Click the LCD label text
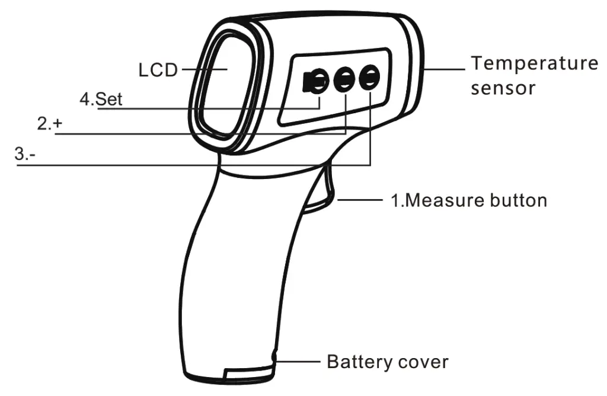coord(158,70)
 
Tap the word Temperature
coord(534,63)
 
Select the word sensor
coord(503,88)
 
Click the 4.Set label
coord(101,99)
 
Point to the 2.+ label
coord(50,123)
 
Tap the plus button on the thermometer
coord(344,79)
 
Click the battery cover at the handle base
coord(248,372)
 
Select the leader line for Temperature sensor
coord(445,70)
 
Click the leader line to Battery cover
coord(298,362)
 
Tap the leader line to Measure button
coord(360,200)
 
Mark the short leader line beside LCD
coord(205,70)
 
